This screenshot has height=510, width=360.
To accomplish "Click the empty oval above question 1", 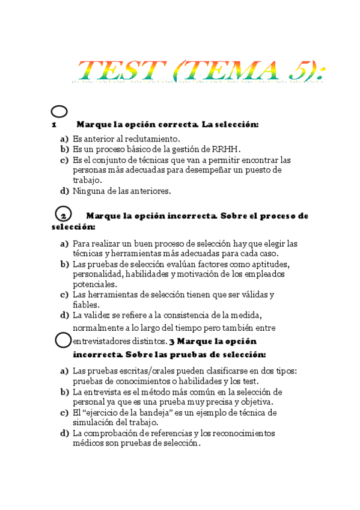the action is click(x=59, y=111).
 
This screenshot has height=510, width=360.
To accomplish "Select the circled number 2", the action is click(x=63, y=215).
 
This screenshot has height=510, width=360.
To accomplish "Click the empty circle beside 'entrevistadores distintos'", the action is click(x=63, y=340).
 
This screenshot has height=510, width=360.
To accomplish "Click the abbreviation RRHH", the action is click(x=216, y=149).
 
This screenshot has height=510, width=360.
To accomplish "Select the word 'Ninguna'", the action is click(x=88, y=191).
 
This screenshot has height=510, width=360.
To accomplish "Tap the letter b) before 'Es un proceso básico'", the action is click(x=64, y=149).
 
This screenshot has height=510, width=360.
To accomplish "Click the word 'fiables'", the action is click(x=85, y=305).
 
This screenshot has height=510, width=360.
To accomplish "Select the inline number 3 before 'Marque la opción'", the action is click(x=172, y=341).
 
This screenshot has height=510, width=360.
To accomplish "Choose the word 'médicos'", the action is click(x=88, y=443).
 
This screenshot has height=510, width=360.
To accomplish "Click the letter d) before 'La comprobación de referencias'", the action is click(x=64, y=433).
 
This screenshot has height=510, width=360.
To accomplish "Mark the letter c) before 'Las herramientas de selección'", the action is click(x=64, y=295).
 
